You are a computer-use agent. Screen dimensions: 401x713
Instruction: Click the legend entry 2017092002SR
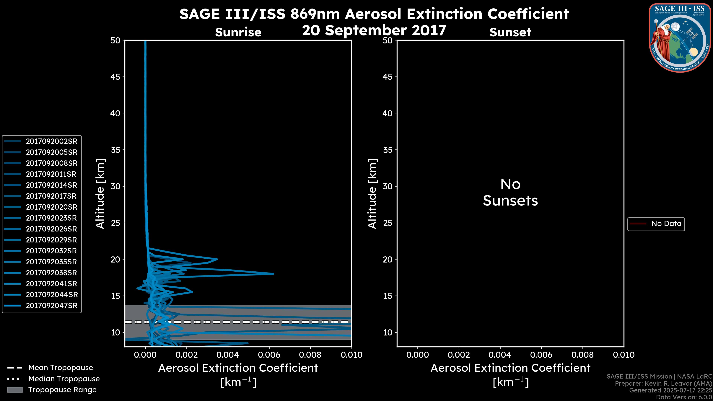pos(51,141)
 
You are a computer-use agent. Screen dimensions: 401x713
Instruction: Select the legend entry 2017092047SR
pos(51,306)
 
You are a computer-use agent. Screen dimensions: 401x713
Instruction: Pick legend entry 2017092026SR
pos(51,229)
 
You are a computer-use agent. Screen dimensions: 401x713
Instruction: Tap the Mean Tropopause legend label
pos(61,368)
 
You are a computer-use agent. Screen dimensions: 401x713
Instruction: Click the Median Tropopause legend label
pos(64,379)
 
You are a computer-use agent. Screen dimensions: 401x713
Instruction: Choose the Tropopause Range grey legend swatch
pos(15,390)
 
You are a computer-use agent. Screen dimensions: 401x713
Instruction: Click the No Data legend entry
pos(666,224)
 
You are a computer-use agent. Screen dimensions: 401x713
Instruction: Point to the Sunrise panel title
pos(238,32)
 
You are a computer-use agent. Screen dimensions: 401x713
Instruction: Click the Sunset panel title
pos(510,32)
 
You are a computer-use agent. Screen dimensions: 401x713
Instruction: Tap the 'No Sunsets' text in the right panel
pos(510,193)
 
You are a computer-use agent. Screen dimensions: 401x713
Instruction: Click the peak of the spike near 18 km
pos(273,274)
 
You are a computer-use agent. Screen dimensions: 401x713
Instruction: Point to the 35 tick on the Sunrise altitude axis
pos(116,150)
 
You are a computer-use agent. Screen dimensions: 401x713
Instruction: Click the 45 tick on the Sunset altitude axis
pos(388,77)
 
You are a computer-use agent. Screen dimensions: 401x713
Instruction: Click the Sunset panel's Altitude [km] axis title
pos(372,194)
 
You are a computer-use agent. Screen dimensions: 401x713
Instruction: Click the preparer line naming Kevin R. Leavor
pos(663,384)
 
